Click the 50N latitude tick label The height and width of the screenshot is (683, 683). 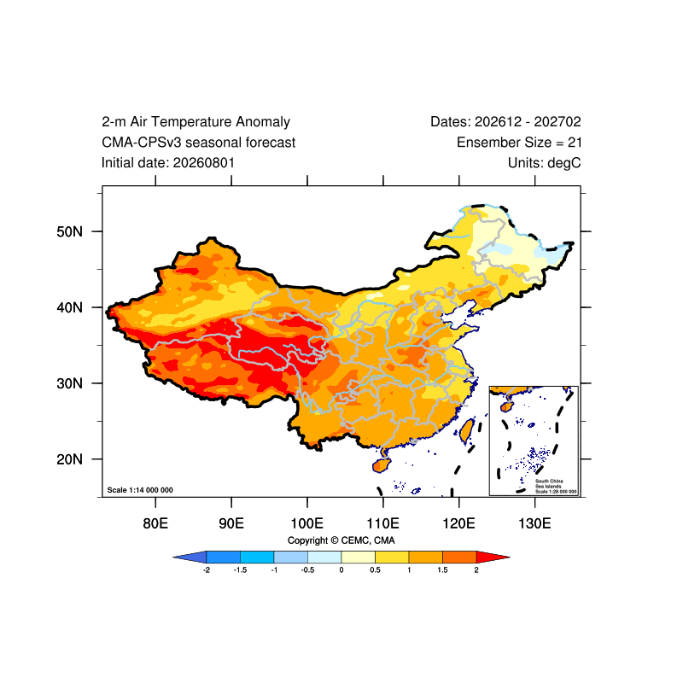[69, 231]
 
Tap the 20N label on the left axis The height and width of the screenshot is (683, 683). [69, 459]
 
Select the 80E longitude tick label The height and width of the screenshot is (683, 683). [155, 523]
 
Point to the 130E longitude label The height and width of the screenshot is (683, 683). [534, 523]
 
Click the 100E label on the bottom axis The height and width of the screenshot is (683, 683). [307, 523]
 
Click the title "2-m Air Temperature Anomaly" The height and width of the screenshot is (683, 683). [196, 122]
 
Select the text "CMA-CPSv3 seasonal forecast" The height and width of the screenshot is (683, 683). [198, 143]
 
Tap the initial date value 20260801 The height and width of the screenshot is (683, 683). [204, 163]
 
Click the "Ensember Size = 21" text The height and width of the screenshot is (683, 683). [519, 143]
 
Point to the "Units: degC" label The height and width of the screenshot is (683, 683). [545, 163]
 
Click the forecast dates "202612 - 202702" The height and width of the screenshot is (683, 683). [528, 122]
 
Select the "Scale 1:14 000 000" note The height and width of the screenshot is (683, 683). [140, 490]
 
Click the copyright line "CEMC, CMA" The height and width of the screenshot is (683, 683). [368, 540]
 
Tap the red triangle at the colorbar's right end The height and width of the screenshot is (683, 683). [492, 557]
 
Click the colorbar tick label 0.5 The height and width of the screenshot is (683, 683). [375, 570]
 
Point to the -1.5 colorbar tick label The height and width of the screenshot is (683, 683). [240, 570]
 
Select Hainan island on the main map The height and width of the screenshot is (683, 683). [381, 465]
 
